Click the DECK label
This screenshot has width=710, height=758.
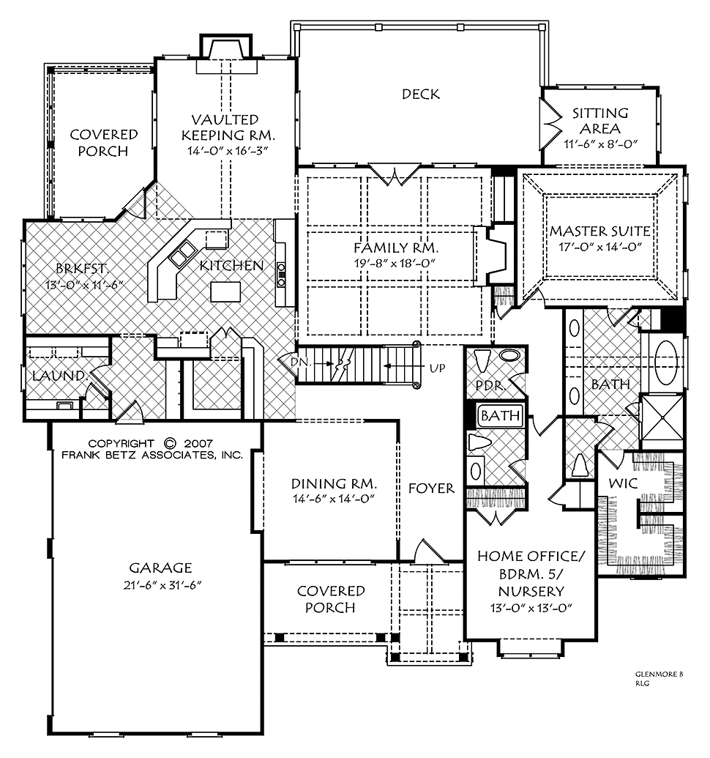click(421, 94)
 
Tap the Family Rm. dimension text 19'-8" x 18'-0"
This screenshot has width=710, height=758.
click(395, 264)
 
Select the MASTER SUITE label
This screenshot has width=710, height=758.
click(600, 231)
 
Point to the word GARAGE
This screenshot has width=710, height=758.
click(160, 568)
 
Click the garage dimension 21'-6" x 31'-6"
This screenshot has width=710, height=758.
click(162, 585)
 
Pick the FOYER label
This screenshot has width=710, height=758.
click(431, 488)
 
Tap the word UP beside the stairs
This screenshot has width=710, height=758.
click(437, 368)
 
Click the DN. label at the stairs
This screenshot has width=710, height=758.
click(302, 362)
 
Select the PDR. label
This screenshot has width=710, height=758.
click(490, 386)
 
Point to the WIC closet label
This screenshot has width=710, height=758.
click(623, 483)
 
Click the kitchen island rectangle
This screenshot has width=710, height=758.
click(225, 291)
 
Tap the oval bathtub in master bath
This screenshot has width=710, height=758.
click(667, 360)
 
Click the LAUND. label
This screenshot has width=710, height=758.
click(60, 376)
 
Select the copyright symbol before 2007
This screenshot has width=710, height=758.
click(170, 443)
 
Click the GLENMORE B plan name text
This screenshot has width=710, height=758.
click(659, 675)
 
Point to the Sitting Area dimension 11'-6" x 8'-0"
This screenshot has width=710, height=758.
click(601, 144)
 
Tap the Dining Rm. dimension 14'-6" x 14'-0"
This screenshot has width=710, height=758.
click(334, 499)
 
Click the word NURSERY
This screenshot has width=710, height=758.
click(531, 591)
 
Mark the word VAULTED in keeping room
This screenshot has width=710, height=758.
click(225, 119)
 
